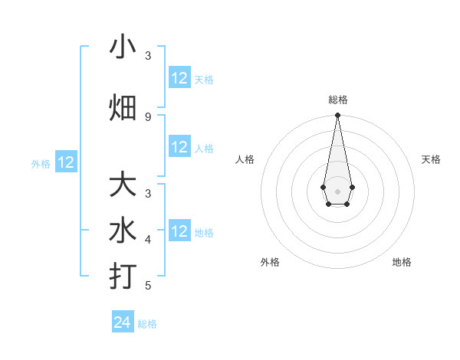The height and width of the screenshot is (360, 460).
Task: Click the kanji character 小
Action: [123, 47]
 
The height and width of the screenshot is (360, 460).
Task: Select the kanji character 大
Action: [123, 186]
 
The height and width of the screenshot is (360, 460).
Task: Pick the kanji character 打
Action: [123, 276]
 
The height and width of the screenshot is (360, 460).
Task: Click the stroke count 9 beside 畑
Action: [148, 116]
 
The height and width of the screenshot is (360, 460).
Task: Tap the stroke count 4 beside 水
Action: [148, 240]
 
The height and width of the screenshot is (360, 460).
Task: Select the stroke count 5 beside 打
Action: [148, 286]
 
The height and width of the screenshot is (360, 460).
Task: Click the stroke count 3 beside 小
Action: [148, 56]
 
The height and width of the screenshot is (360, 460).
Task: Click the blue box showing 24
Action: [123, 322]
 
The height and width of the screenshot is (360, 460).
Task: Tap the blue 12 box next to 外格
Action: [66, 162]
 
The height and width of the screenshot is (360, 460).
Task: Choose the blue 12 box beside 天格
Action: [179, 78]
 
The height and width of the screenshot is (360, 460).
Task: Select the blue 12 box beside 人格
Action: [179, 147]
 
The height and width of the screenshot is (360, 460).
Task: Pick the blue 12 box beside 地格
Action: [179, 231]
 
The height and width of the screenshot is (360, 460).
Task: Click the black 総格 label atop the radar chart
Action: [337, 100]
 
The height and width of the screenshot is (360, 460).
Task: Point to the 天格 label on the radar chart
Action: [431, 159]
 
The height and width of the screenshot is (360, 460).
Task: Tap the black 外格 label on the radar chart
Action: [270, 262]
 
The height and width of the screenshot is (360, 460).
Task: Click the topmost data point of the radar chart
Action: [337, 116]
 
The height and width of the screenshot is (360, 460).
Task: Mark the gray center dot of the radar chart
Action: [337, 190]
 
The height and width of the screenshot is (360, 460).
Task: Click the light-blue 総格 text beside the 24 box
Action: [147, 324]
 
